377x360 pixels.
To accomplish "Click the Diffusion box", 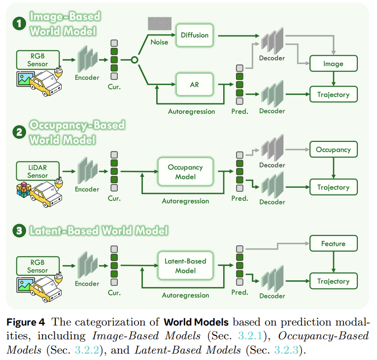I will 195,35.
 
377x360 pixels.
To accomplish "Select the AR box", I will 195,84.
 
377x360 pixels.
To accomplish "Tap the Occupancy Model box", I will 185,172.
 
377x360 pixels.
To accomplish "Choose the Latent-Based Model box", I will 185,266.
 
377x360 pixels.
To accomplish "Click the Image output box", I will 333,64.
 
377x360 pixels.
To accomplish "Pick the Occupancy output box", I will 333,150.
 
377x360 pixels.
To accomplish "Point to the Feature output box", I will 333,243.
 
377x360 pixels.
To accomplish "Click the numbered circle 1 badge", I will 19,24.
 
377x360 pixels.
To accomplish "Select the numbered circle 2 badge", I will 19,132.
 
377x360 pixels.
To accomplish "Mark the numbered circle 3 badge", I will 19,231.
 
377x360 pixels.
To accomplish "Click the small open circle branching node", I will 133,60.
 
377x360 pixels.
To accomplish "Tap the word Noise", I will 159,42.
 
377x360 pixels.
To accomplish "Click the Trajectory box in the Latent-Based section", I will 333,281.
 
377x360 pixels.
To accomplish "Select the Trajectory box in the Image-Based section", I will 333,95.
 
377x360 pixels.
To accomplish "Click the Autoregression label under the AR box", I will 191,111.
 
